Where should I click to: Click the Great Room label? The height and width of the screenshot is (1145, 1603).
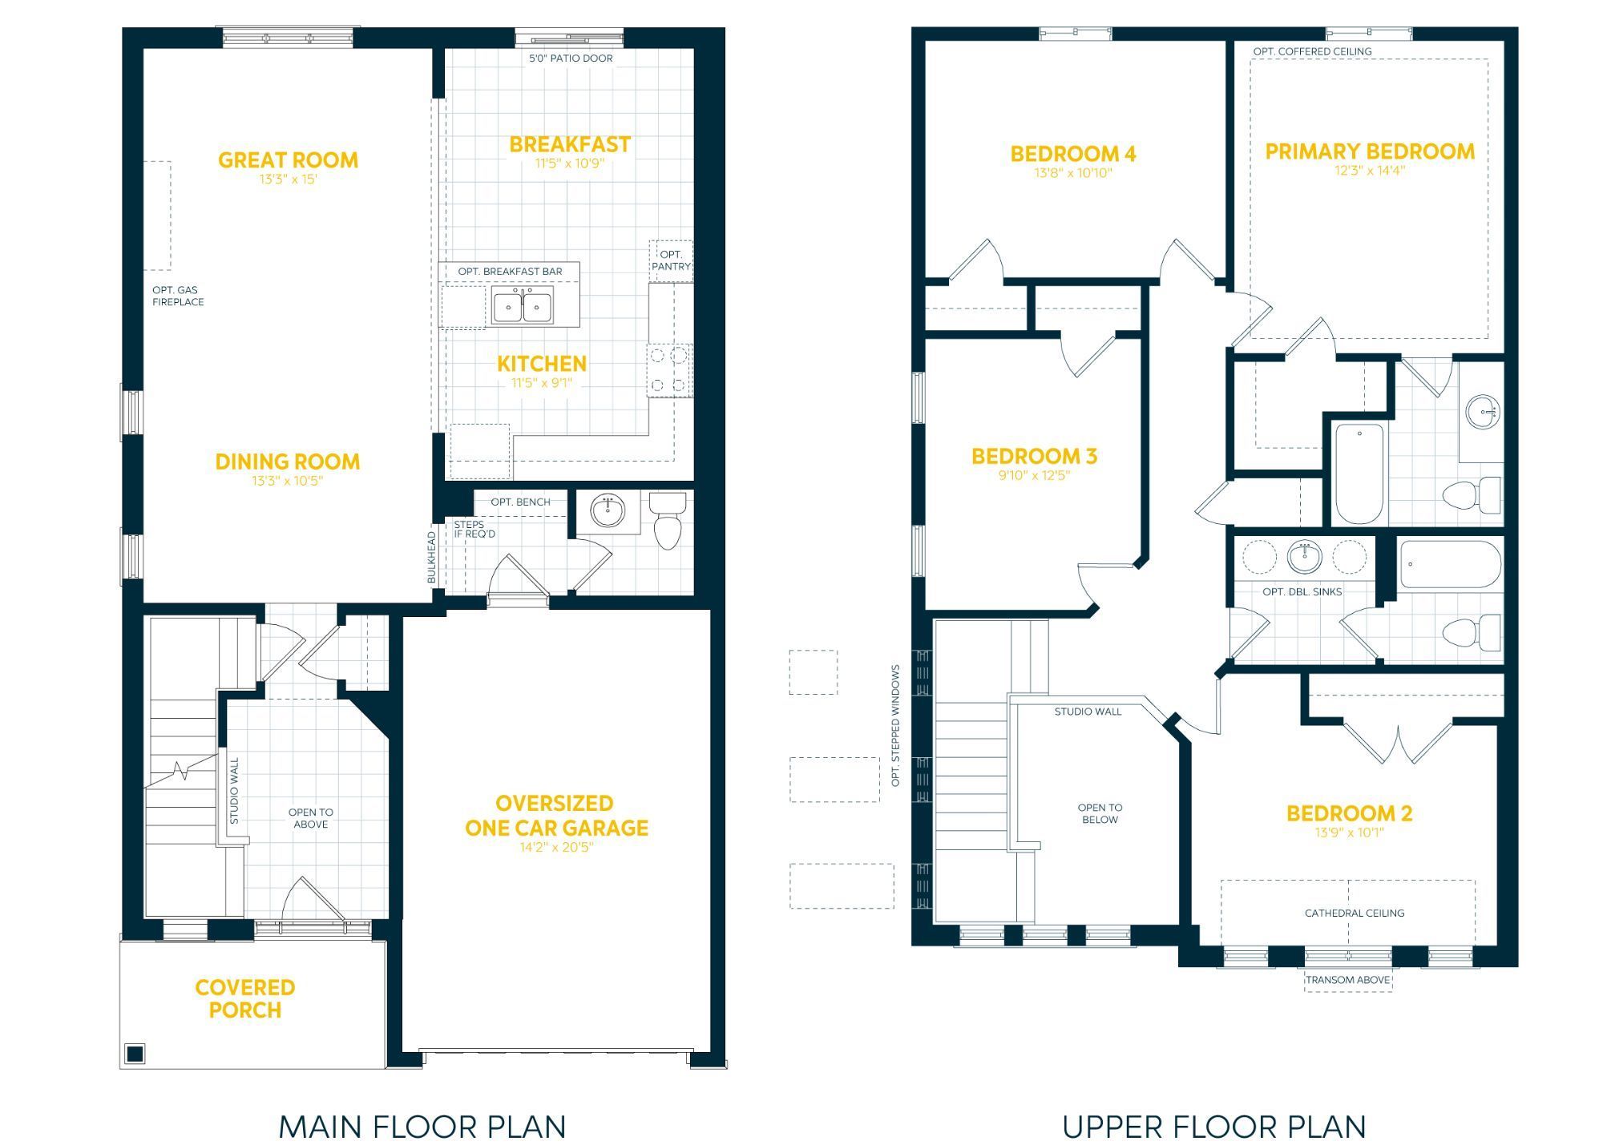(288, 160)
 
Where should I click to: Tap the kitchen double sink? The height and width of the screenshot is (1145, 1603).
(522, 307)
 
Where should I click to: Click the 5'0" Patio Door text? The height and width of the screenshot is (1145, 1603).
(571, 58)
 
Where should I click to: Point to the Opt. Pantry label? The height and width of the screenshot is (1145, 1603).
(671, 260)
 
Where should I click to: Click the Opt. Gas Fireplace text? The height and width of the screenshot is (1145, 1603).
(178, 296)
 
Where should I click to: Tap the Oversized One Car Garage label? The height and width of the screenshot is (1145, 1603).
(556, 816)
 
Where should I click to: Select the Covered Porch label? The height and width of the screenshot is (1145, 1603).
(245, 998)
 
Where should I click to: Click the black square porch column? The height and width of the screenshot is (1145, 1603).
(135, 1053)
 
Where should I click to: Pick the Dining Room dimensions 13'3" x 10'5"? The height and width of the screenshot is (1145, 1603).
(287, 481)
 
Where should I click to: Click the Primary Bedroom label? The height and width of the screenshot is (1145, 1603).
(1370, 151)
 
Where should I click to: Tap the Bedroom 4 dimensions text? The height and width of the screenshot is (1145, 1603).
(1073, 173)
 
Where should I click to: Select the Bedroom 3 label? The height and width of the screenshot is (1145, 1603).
(1034, 457)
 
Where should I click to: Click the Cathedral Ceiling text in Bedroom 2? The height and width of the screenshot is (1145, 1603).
(1355, 913)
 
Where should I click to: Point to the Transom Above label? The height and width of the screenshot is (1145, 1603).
(1347, 980)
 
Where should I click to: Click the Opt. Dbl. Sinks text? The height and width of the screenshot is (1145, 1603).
(1302, 592)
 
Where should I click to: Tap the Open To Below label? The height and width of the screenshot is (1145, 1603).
(1100, 813)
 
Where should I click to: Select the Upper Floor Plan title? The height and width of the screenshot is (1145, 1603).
(1214, 1127)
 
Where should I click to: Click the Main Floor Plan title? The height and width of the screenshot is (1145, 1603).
(422, 1127)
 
